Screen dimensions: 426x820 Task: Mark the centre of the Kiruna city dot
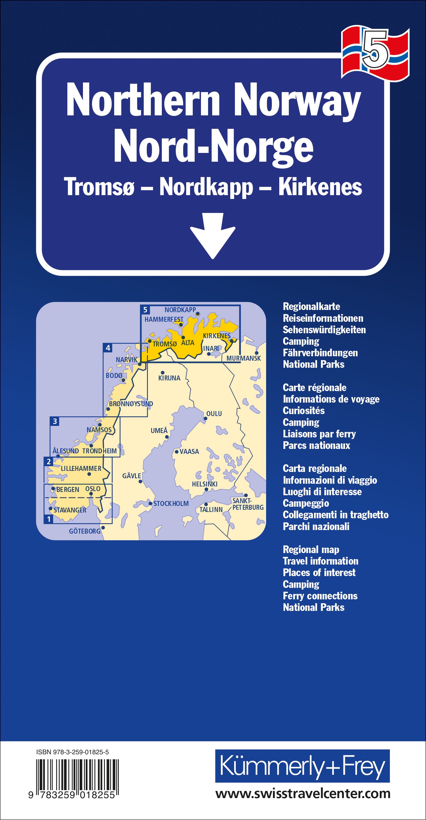click(162, 372)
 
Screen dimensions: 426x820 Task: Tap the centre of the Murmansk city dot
click(256, 352)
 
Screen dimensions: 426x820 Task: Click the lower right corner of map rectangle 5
click(240, 362)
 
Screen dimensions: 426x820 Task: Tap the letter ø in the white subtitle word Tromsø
click(128, 187)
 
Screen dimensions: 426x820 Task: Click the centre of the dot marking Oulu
click(205, 418)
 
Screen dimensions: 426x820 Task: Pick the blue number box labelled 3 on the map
click(55, 422)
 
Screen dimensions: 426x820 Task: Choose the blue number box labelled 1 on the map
click(49, 519)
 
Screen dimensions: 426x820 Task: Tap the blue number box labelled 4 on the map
click(108, 348)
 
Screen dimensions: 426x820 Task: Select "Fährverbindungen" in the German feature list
click(320, 353)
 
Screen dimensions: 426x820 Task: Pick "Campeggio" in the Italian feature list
click(306, 503)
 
